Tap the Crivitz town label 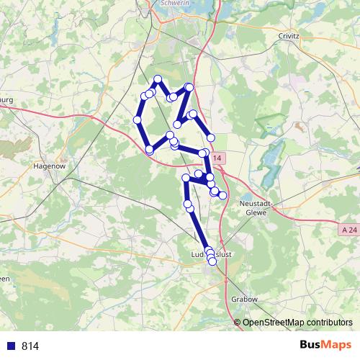coord(287,35)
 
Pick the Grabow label coord(245,299)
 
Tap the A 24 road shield coord(349,229)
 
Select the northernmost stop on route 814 coord(158,79)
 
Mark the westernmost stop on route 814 coord(137,120)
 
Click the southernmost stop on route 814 coord(212,262)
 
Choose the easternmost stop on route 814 coord(223,195)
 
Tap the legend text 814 coord(30,346)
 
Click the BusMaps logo coord(325,345)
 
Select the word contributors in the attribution coord(328,323)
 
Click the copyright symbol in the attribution coord(238,323)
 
